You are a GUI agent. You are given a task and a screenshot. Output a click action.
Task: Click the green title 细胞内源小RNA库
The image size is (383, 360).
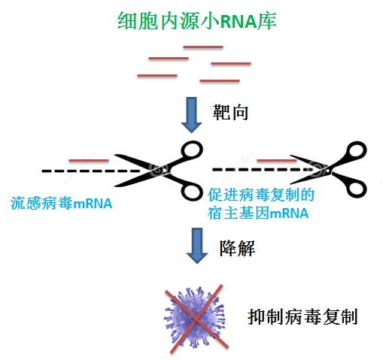pos(197,21)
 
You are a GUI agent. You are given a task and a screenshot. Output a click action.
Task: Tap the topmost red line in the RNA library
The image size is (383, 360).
pos(203,47)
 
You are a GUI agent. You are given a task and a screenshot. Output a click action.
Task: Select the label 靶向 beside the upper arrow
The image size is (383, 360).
pos(230,113)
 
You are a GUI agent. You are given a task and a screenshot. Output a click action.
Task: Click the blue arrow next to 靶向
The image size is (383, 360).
pos(192,115)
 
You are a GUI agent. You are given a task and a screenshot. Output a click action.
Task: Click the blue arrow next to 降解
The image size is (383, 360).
pos(197,246)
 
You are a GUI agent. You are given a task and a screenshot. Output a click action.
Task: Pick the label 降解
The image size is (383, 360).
pos(237,248)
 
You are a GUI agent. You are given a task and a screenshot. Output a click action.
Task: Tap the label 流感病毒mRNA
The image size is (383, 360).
pos(61,203)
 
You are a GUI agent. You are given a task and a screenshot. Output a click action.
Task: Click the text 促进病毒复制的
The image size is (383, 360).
pos(261,195)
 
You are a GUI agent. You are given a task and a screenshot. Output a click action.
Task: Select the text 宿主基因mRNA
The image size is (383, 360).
pos(258,213)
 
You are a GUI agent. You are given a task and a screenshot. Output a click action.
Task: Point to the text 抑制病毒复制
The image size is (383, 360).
pos(302,317)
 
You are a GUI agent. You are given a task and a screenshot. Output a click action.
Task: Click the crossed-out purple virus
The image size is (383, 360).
pos(195,318)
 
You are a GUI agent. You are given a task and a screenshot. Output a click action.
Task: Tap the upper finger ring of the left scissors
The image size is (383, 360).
pos(192,151)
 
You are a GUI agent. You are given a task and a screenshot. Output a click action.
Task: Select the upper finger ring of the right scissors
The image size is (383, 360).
pos(356,151)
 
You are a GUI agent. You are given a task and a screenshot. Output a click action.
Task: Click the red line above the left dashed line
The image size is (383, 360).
pos(89,160)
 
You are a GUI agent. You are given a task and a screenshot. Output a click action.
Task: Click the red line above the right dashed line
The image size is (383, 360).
pos(277,160)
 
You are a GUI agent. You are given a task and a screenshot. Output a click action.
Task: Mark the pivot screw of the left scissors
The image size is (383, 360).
pos(164,171)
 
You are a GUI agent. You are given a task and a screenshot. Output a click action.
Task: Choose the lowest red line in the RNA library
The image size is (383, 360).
pos(220,81)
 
